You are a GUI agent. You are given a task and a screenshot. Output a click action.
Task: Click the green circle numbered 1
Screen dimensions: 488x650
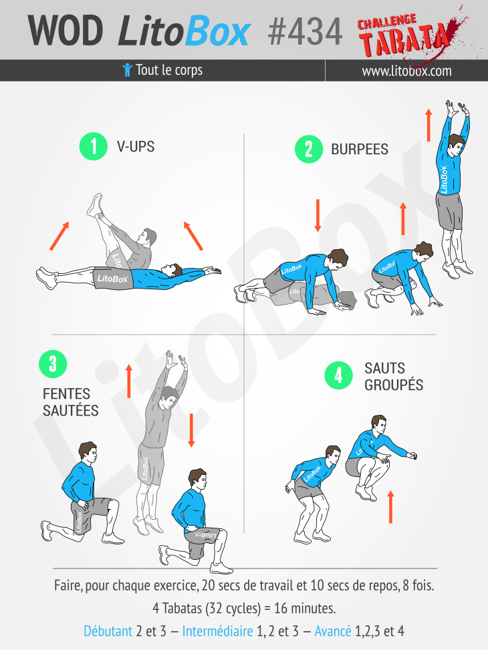(x=94, y=146)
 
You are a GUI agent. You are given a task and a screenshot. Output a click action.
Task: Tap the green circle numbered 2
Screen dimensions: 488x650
(x=309, y=149)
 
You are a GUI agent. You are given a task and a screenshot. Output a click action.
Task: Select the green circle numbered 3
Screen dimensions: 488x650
(x=53, y=364)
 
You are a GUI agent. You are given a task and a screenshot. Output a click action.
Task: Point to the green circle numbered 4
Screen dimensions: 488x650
(x=339, y=375)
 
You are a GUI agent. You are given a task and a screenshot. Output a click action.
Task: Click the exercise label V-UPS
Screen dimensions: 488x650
(x=136, y=147)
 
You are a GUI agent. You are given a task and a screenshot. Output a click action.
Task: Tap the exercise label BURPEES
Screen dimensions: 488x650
(x=360, y=149)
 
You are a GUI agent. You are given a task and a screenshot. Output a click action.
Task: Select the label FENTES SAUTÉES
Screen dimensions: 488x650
(x=71, y=402)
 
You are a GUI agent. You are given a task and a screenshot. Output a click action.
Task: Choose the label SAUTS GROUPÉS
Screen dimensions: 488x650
(x=394, y=376)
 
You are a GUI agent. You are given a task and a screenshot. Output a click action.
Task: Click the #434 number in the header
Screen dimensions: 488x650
(x=306, y=31)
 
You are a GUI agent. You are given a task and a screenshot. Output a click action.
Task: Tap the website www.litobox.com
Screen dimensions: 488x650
(x=406, y=71)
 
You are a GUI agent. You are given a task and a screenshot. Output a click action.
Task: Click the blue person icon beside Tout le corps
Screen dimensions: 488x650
(x=128, y=70)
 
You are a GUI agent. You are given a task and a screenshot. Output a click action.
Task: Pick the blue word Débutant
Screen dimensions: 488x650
(x=108, y=631)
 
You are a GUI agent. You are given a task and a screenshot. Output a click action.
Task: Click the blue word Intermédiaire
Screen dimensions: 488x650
(x=217, y=631)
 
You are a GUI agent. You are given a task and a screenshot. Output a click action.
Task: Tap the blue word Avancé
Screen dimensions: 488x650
(x=333, y=631)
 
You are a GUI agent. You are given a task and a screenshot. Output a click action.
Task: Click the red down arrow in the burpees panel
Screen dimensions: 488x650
(x=318, y=216)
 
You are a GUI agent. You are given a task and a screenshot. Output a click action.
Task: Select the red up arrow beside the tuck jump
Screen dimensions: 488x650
(x=390, y=507)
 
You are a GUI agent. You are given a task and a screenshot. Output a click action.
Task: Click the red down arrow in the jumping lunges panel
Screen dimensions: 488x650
(x=191, y=430)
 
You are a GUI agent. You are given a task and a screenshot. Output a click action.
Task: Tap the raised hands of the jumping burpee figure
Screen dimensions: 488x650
(x=457, y=108)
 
